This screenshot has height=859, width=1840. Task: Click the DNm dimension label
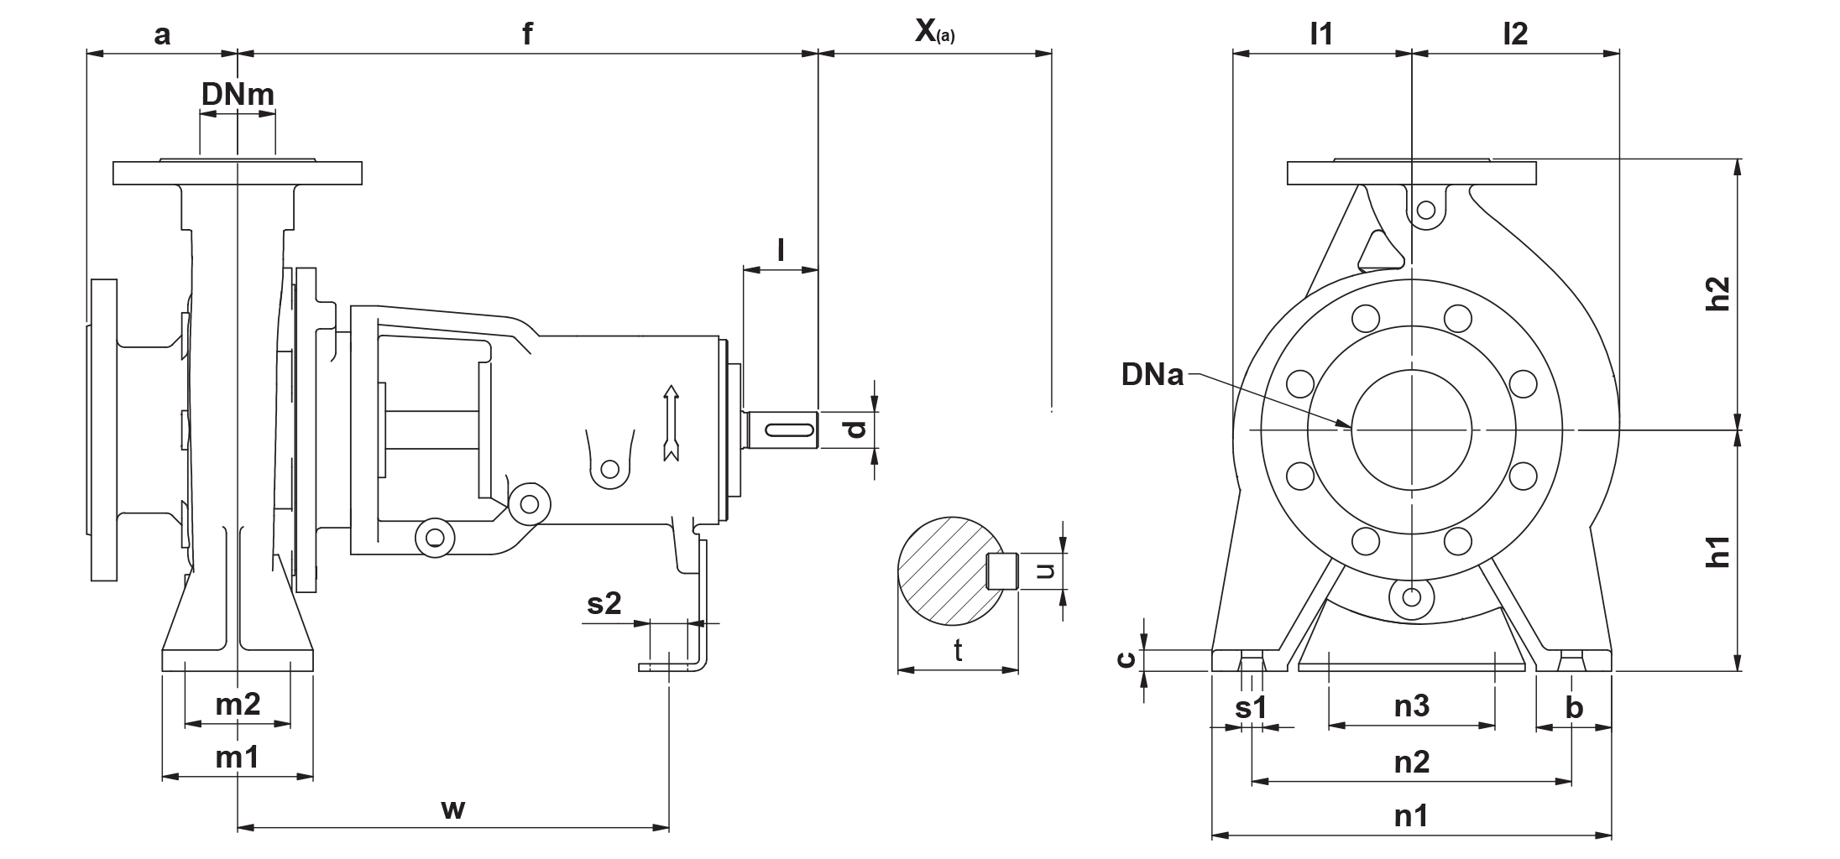[x=238, y=95]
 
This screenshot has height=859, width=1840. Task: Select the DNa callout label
[x=1152, y=374]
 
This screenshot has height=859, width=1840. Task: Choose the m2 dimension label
[x=238, y=705]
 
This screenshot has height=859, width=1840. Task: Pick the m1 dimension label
[x=238, y=757]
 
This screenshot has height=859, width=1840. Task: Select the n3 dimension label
[x=1412, y=705]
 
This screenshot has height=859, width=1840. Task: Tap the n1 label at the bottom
[x=1412, y=815]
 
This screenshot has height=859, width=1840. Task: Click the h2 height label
[x=1720, y=294]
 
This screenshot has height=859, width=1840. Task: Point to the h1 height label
[x=1720, y=554]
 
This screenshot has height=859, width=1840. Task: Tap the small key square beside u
[x=1002, y=570]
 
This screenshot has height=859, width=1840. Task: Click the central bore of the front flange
[x=1412, y=429]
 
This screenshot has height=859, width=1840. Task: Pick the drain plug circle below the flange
[x=1412, y=597]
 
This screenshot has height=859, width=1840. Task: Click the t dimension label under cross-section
[x=959, y=651]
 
